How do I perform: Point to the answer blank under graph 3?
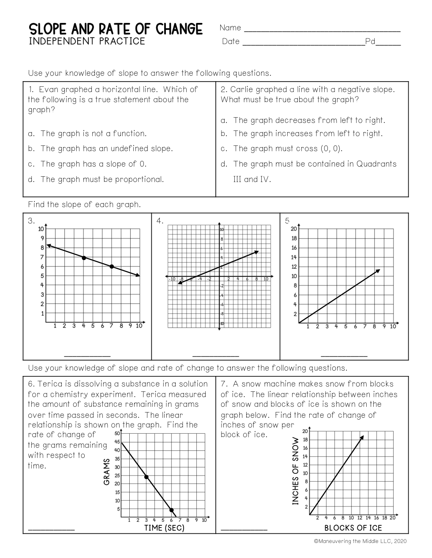click(87, 355)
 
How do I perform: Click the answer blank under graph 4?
click(216, 355)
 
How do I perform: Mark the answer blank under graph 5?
click(344, 355)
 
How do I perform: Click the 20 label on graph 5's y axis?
click(294, 229)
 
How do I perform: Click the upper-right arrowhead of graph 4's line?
click(256, 252)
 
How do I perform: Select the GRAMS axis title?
click(107, 472)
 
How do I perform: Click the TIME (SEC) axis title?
click(164, 528)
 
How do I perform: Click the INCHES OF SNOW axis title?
click(296, 471)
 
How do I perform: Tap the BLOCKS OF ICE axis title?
click(353, 528)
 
